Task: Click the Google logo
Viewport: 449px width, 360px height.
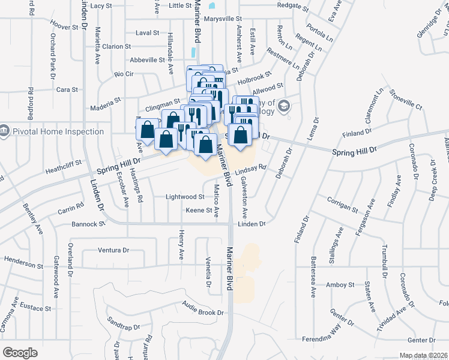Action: pyautogui.click(x=20, y=353)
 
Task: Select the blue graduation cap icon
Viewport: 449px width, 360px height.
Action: pyautogui.click(x=283, y=107)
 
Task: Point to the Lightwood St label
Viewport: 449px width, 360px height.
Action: pyautogui.click(x=185, y=197)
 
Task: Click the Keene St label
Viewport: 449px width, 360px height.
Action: pyautogui.click(x=199, y=211)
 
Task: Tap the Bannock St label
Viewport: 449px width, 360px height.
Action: pyautogui.click(x=88, y=223)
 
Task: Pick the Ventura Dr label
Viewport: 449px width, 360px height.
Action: pyautogui.click(x=114, y=250)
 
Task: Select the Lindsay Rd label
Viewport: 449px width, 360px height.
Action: pyautogui.click(x=250, y=170)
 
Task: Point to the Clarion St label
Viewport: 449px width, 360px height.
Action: pyautogui.click(x=116, y=46)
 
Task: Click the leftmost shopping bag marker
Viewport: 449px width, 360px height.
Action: pyautogui.click(x=147, y=130)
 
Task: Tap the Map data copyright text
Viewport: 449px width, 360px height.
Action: pyautogui.click(x=420, y=355)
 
